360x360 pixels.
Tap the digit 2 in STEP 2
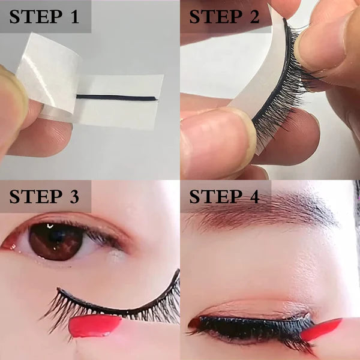[x=254, y=17]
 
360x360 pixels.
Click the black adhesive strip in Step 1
[x=117, y=98]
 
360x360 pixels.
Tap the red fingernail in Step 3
[x=95, y=326]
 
